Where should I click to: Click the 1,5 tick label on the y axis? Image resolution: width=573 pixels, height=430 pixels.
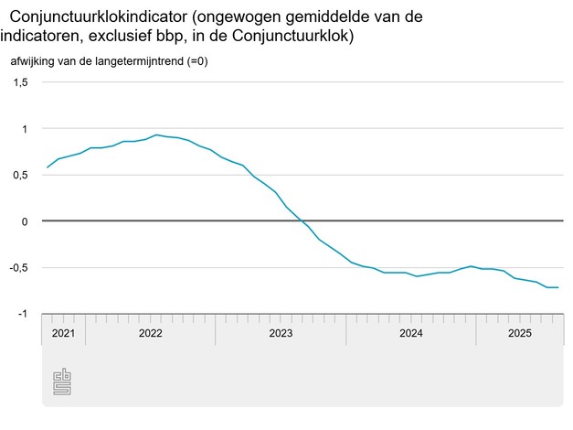(x=21, y=82)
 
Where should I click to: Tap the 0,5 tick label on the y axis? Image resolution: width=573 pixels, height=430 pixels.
(x=21, y=176)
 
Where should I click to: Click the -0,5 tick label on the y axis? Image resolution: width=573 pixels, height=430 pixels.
(x=19, y=268)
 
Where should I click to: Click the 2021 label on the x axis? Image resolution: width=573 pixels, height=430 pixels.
(x=63, y=334)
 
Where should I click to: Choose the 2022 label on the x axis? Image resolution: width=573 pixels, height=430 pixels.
(x=150, y=334)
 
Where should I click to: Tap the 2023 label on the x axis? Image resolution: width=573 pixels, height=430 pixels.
(x=281, y=334)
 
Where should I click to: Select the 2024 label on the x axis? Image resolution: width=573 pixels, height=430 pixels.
(x=410, y=334)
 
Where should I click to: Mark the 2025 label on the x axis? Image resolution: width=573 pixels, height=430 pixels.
(x=519, y=334)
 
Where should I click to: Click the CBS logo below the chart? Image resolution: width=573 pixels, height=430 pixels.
(x=62, y=382)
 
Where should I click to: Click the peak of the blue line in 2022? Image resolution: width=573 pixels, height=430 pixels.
(x=158, y=134)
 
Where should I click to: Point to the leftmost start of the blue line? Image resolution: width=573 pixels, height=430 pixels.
(x=48, y=167)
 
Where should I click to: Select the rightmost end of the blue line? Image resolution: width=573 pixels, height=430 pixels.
(x=558, y=287)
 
